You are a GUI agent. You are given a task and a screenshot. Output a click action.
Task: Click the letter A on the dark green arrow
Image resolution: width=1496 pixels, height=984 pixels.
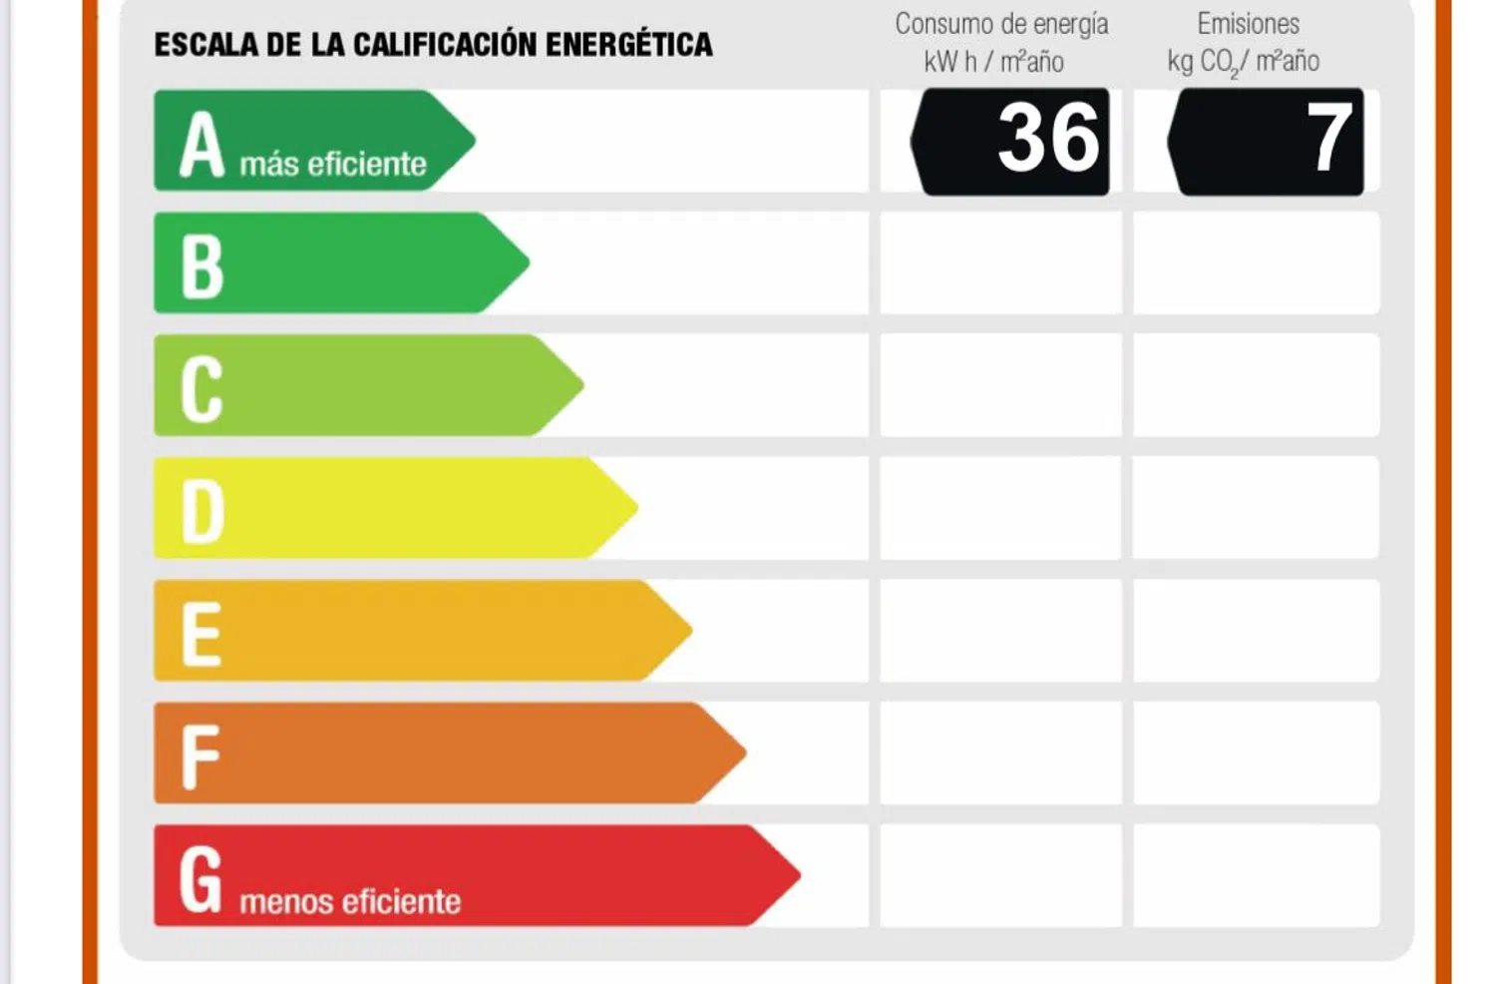coord(201,145)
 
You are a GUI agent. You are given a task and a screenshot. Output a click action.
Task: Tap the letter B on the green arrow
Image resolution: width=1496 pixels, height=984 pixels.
coord(202,266)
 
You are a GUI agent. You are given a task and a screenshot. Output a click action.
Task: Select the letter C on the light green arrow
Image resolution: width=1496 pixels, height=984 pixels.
coord(201,389)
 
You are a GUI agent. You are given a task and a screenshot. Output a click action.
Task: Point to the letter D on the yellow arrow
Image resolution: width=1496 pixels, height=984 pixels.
coord(202,512)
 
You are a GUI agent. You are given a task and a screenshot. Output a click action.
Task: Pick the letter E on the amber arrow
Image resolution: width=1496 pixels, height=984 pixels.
coord(201,634)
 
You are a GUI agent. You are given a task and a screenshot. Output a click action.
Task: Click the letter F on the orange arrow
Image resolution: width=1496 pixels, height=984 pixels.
coord(199,756)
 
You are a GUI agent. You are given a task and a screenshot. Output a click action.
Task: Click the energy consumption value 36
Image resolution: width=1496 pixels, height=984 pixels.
coord(1048,139)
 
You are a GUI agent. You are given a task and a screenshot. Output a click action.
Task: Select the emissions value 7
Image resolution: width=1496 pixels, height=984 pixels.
coord(1329,139)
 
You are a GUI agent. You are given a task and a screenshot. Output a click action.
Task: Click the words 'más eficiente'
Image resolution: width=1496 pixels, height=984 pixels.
coord(333,164)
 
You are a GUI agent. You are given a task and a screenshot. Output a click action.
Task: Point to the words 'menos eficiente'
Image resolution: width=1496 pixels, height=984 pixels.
coord(350,901)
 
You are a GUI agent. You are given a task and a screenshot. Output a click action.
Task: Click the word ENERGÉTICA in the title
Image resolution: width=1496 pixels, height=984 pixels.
coord(629,45)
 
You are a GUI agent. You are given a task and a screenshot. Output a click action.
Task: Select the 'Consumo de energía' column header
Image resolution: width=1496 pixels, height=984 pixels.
coord(1001,24)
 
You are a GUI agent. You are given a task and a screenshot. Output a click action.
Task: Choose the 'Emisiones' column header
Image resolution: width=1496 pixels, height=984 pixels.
coord(1249,24)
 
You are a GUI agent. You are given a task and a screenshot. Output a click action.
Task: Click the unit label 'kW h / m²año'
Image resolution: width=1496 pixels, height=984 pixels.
coord(993,62)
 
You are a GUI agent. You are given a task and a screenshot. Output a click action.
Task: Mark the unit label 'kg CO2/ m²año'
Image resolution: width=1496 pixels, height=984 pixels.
coord(1244,62)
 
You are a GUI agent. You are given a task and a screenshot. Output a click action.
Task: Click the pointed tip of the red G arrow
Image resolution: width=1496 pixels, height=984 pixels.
coord(797,875)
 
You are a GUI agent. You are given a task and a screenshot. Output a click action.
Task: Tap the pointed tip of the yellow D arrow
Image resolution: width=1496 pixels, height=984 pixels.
coord(634,507)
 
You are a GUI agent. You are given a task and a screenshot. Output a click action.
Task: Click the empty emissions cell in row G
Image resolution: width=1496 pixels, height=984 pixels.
coord(1257,875)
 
